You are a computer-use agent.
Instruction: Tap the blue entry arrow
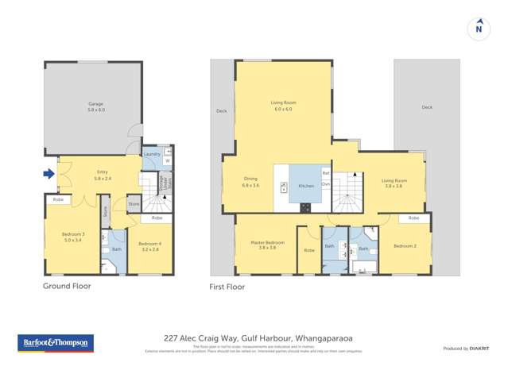click(x=48, y=174)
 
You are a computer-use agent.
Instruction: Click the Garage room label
click(x=95, y=106)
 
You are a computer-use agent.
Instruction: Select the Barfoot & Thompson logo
click(x=56, y=343)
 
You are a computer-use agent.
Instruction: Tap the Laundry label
click(x=152, y=154)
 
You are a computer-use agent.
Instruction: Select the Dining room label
click(x=250, y=182)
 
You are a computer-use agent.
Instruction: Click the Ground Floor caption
click(x=67, y=286)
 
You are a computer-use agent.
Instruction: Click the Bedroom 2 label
click(x=404, y=246)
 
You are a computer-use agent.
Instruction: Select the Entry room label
click(x=102, y=175)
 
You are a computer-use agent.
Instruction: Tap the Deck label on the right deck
click(x=427, y=107)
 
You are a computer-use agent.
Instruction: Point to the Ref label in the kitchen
click(x=325, y=172)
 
